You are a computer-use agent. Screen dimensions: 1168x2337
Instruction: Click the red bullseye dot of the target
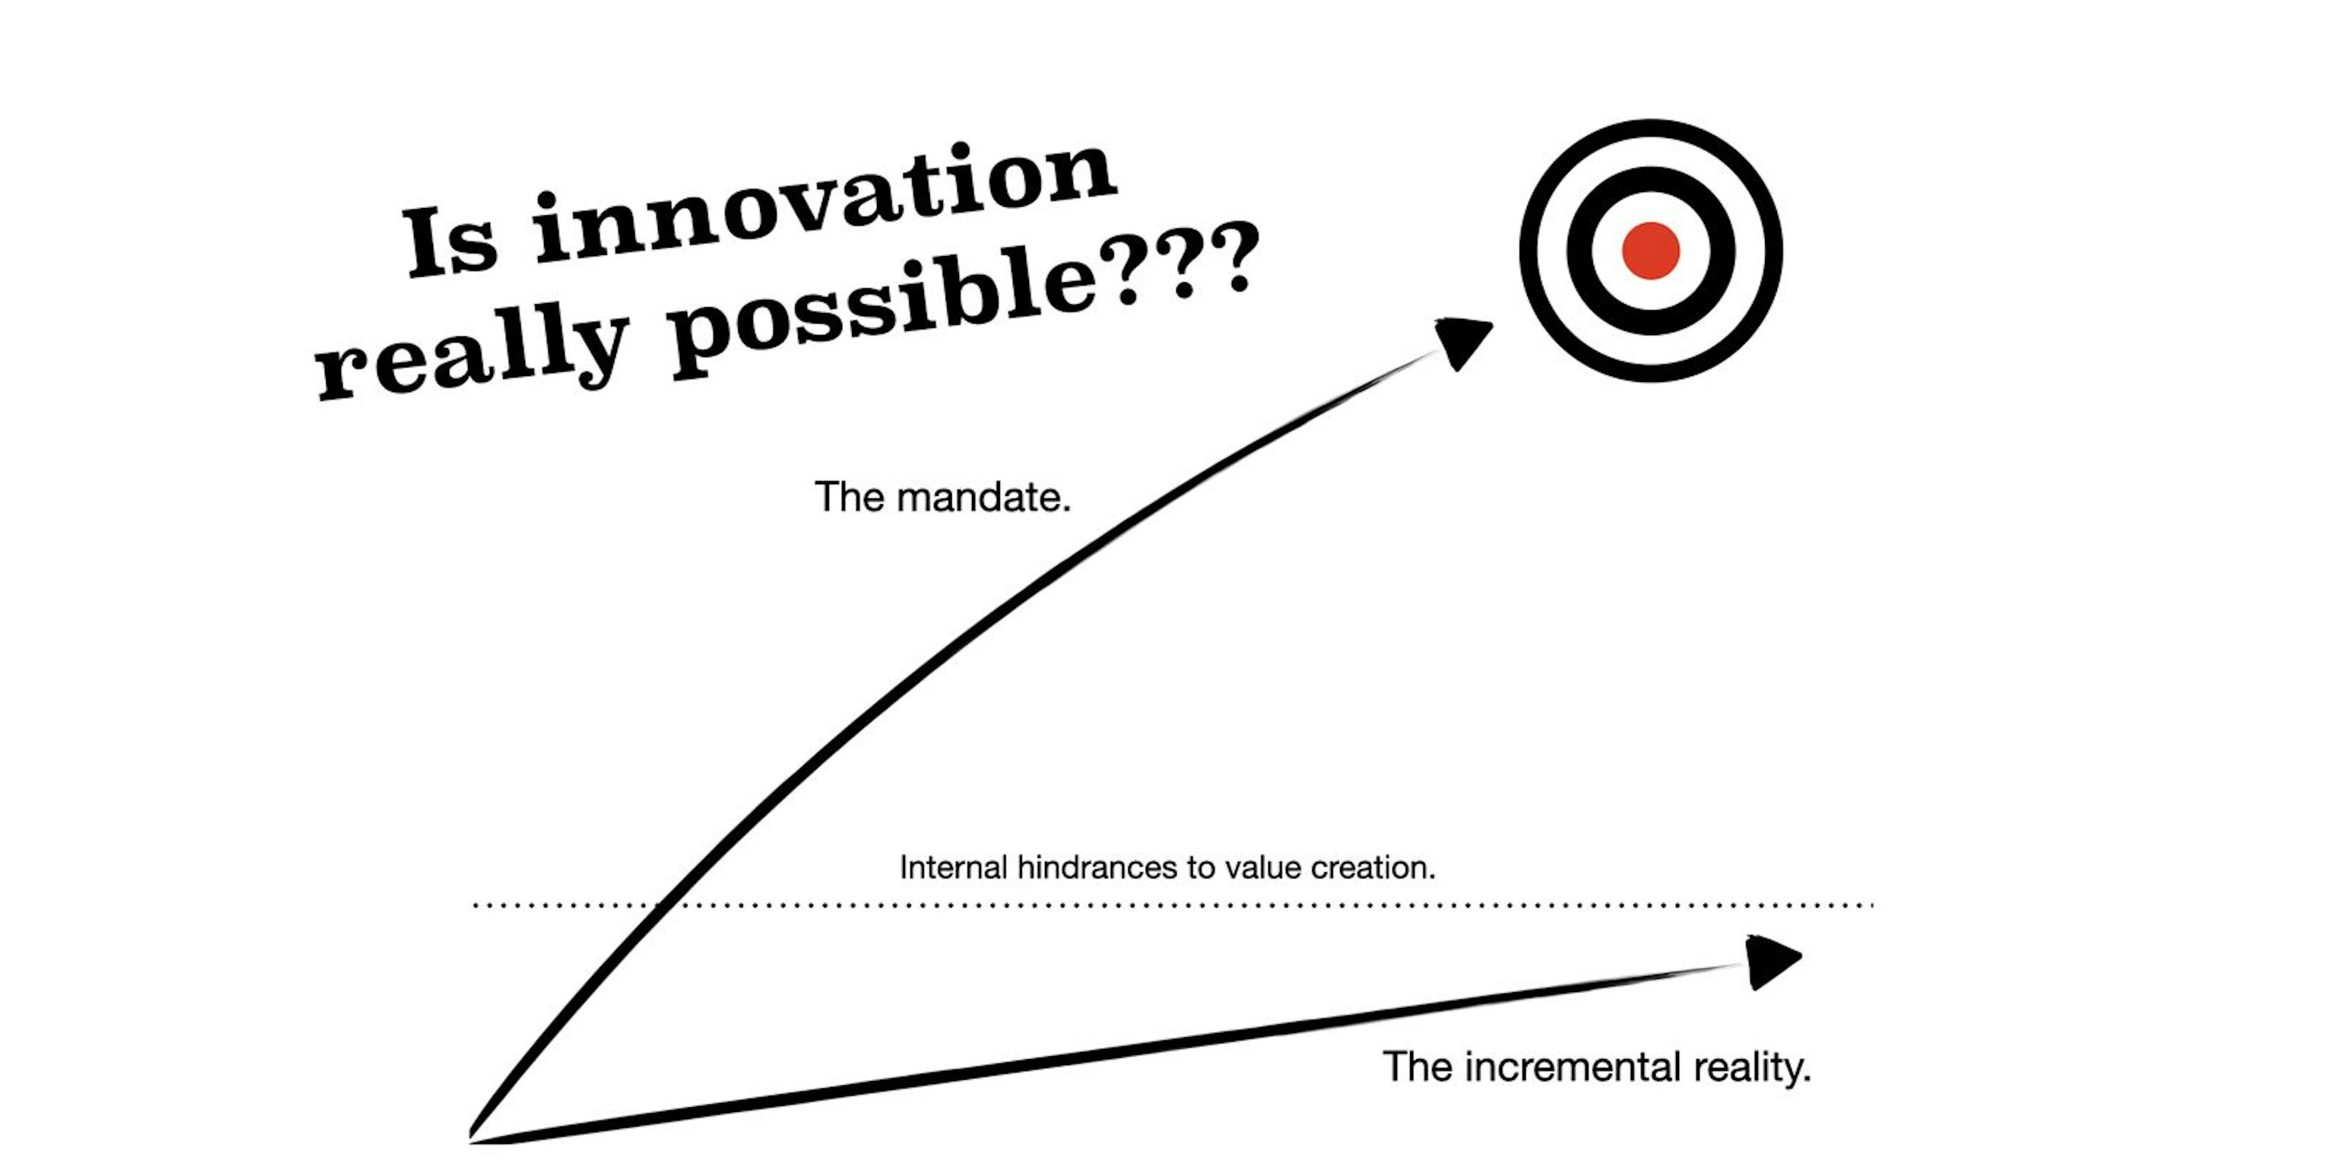(1651, 250)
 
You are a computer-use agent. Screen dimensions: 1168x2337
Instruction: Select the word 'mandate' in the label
(983, 497)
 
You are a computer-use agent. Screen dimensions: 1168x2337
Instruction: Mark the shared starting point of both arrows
(473, 1136)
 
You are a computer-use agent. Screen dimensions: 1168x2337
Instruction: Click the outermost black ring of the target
(1532, 250)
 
